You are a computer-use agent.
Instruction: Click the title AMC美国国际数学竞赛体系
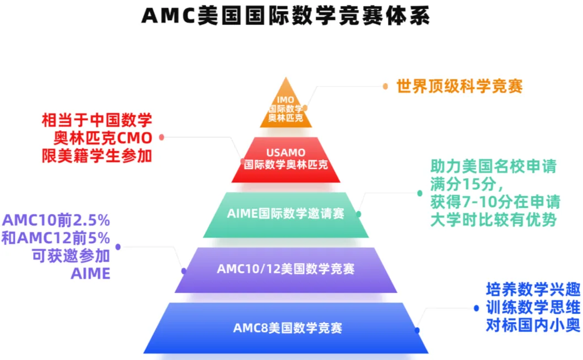286,15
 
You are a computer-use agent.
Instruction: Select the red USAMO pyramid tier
285,159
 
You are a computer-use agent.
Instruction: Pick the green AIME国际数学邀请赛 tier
285,214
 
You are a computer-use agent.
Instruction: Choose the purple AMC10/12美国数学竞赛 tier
285,269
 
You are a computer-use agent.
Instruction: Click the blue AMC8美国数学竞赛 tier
287,328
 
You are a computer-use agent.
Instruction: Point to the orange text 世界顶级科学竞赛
459,86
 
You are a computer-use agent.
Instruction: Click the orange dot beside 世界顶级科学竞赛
385,86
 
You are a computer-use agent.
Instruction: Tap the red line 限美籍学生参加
97,156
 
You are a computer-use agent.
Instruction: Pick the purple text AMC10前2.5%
57,221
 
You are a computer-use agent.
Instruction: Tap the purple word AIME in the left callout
90,273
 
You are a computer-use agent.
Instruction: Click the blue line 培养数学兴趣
533,289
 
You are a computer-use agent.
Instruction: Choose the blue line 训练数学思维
533,308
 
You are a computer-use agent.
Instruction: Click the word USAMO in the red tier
285,152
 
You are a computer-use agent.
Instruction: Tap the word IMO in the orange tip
285,99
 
